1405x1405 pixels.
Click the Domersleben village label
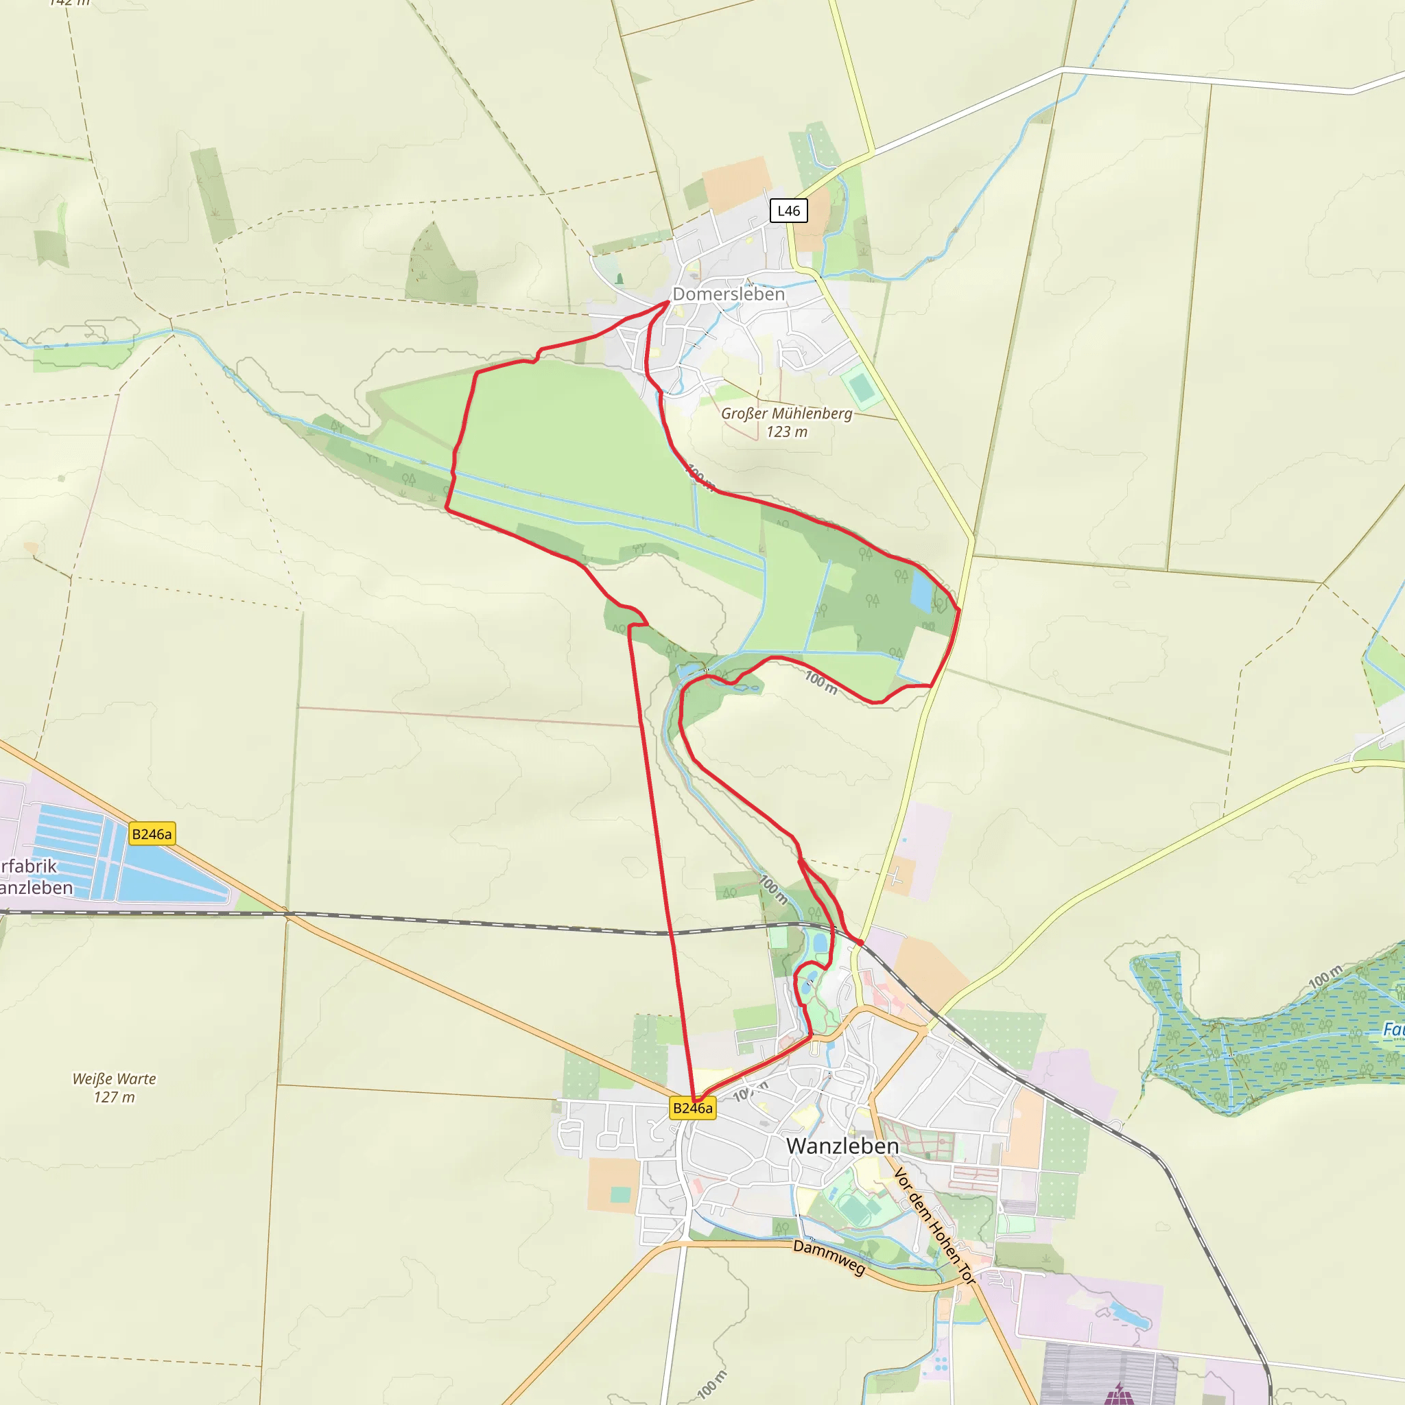pyautogui.click(x=729, y=294)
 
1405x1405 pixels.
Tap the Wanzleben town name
pyautogui.click(x=842, y=1147)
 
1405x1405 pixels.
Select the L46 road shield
pyautogui.click(x=788, y=211)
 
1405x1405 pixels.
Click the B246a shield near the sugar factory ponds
pyautogui.click(x=152, y=834)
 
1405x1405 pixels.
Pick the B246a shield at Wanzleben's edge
pyautogui.click(x=692, y=1109)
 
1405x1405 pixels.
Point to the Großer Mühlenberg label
pyautogui.click(x=786, y=414)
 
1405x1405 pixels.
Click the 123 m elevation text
pyautogui.click(x=786, y=432)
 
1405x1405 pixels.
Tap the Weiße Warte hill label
pyautogui.click(x=114, y=1079)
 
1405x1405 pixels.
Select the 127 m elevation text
pyautogui.click(x=114, y=1098)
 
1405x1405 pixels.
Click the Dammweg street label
pyautogui.click(x=829, y=1258)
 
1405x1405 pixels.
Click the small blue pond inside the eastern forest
pyautogui.click(x=921, y=591)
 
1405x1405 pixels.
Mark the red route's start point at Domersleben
pyautogui.click(x=668, y=302)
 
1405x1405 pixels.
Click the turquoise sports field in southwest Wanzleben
pyautogui.click(x=620, y=1195)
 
